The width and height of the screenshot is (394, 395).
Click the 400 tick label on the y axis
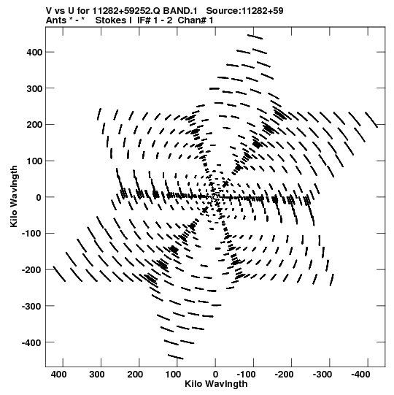pyautogui.click(x=34, y=53)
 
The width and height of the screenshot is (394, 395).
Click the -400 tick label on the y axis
pyautogui.click(x=31, y=342)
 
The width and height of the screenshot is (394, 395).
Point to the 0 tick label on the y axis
pyautogui.click(x=39, y=197)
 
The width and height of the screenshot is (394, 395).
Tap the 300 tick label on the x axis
pyautogui.click(x=96, y=375)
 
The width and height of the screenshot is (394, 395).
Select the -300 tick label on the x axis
pyautogui.click(x=322, y=375)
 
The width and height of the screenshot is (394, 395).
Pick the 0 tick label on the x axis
pyautogui.click(x=215, y=375)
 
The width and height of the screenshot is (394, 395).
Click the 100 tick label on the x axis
pyautogui.click(x=173, y=375)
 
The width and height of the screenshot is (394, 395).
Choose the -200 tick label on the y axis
pyautogui.click(x=31, y=270)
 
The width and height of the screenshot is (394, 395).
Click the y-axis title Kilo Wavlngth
pyautogui.click(x=14, y=196)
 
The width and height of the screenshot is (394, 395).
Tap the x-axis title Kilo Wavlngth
pyautogui.click(x=216, y=384)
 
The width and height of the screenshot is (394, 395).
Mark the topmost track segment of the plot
pyautogui.click(x=255, y=37)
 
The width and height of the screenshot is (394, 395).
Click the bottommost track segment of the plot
pyautogui.click(x=176, y=357)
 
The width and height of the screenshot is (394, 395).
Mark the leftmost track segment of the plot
pyautogui.click(x=59, y=274)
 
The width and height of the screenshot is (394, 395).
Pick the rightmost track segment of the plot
pyautogui.click(x=371, y=120)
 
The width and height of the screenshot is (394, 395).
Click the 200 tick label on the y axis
pyautogui.click(x=34, y=125)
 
